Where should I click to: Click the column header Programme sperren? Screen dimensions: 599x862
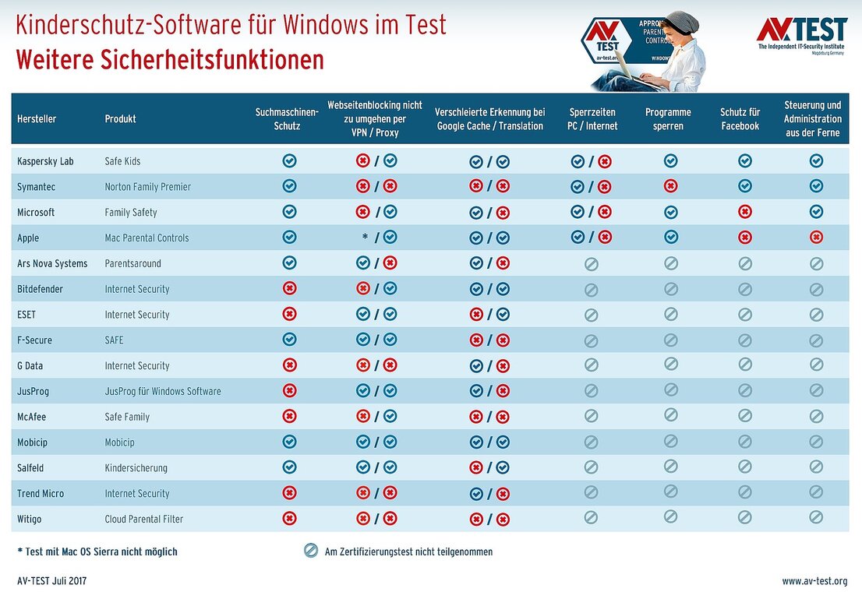tap(668, 119)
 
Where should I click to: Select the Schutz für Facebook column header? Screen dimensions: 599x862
tap(740, 119)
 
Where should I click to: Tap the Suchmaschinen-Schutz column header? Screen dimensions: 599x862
tap(287, 119)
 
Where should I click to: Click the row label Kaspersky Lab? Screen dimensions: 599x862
tap(45, 161)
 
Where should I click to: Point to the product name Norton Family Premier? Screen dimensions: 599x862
tap(147, 187)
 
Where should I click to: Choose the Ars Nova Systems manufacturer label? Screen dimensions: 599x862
tap(52, 263)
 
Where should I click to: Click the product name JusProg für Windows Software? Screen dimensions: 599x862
tap(163, 391)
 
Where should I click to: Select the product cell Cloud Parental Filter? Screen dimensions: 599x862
tap(144, 519)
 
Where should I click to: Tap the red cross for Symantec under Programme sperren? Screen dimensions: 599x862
tap(670, 186)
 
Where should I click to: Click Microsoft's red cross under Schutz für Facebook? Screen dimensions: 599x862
tap(745, 212)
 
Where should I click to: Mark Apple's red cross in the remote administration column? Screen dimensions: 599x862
tap(816, 238)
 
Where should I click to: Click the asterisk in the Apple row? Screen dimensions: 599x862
tap(365, 238)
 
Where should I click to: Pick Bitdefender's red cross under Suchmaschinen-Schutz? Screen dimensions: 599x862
tap(289, 289)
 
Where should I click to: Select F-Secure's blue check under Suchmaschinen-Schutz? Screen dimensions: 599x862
tap(289, 340)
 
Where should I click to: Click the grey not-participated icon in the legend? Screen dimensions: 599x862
tap(311, 551)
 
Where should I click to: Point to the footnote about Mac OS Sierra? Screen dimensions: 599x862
tap(97, 551)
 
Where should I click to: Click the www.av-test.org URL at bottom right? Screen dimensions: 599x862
tap(814, 581)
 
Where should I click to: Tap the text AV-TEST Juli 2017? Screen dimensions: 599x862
tap(52, 581)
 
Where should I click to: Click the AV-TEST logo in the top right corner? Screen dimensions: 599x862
tap(801, 33)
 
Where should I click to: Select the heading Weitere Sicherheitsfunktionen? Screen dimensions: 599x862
tap(169, 60)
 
